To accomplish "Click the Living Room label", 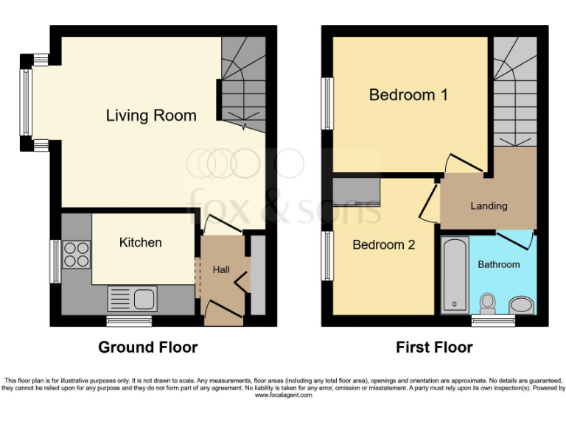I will pos(151,116).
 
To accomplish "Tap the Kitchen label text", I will pos(140,242).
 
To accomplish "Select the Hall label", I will pos(221,270).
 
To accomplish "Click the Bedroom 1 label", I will pos(408,95).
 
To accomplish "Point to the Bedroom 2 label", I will pos(383,245).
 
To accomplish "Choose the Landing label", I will pos(489,206).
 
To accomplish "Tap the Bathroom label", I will pos(499,264).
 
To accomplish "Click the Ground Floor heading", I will pos(148,347).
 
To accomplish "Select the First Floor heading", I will pos(434,347).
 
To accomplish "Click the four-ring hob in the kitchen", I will pos(77,255).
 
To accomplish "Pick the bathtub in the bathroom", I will pos(454,274).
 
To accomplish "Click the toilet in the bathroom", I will pos(487,303).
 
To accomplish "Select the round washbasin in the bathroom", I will pos(520,305).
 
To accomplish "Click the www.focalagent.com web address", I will pos(283,395).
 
